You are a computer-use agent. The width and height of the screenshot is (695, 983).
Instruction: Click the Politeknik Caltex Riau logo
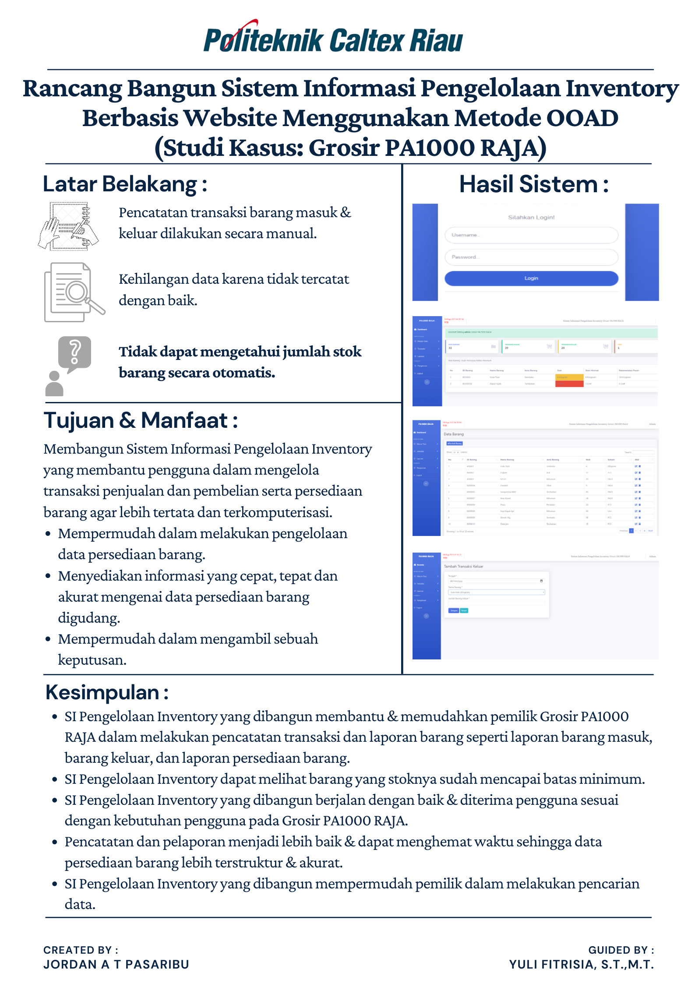[x=333, y=39]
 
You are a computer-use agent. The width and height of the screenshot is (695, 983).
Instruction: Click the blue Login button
[x=531, y=278]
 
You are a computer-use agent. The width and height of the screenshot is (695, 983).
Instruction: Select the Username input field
[x=531, y=235]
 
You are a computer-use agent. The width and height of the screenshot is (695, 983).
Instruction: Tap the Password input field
[x=531, y=257]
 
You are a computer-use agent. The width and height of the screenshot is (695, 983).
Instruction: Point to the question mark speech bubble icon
[x=74, y=353]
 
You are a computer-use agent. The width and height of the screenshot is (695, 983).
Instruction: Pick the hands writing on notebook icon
[x=69, y=226]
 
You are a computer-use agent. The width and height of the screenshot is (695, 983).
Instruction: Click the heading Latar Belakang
[x=125, y=184]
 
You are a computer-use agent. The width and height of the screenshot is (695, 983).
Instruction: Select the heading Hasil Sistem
[x=533, y=184]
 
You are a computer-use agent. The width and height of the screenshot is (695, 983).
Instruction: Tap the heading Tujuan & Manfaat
[x=141, y=420]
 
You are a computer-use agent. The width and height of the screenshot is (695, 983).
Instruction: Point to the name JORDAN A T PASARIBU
[x=116, y=964]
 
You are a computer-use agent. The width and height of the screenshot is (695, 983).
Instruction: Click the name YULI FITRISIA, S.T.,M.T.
[x=581, y=964]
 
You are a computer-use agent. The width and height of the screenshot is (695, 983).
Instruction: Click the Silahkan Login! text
[x=531, y=217]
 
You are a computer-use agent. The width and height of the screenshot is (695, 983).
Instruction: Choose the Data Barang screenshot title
[x=454, y=434]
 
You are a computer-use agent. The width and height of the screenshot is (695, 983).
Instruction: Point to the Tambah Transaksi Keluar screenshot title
[x=463, y=566]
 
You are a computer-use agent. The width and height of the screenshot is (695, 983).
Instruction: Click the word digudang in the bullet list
[x=89, y=618]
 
